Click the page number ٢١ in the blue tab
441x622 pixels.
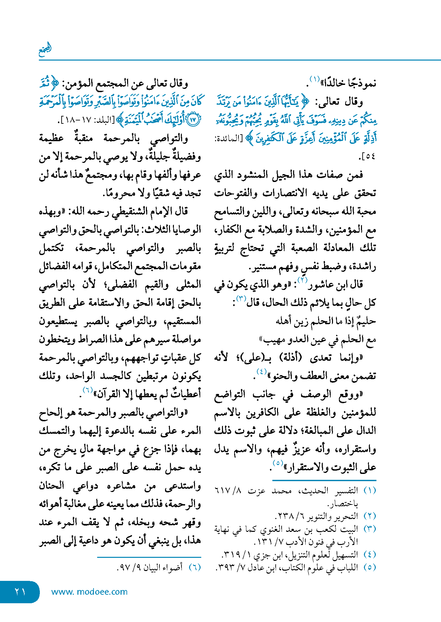tap(20, 591)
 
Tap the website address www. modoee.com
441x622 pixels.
tap(89, 592)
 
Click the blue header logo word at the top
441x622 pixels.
tap(45, 49)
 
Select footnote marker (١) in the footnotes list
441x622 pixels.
tap(370, 490)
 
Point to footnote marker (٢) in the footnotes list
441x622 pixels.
tap(370, 516)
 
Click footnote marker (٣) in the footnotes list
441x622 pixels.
tap(370, 529)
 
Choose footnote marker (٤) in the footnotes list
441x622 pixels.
tap(370, 554)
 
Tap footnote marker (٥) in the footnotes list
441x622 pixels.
tap(370, 567)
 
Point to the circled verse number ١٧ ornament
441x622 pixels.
tap(193, 119)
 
